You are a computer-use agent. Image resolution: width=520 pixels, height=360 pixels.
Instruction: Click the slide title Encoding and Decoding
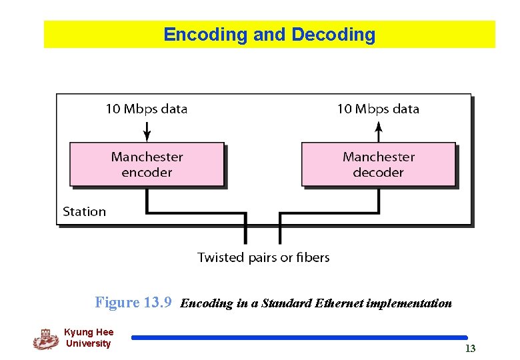point(269,35)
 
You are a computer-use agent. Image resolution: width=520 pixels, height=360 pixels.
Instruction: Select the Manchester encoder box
point(147,164)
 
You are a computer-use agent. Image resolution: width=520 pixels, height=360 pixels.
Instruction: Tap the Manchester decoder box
point(378,164)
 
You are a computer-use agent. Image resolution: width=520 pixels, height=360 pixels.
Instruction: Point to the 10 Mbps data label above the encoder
point(147,109)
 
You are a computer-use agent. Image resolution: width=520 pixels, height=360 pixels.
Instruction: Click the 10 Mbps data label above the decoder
point(378,109)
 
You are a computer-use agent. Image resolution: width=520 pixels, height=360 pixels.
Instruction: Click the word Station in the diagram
point(84,212)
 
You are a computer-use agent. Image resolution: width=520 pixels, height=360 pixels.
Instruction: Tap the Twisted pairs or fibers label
point(263,257)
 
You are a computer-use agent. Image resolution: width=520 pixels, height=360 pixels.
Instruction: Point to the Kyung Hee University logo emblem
point(45,339)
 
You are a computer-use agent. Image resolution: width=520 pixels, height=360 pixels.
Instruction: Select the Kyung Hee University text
point(89,338)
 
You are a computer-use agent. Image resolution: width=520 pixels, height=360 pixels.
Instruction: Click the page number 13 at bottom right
point(470,349)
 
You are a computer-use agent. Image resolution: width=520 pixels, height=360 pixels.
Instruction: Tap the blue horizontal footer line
point(299,338)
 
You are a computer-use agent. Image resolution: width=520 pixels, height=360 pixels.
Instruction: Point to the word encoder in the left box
point(147,173)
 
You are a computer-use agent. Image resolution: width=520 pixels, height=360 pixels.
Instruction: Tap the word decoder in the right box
point(378,173)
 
